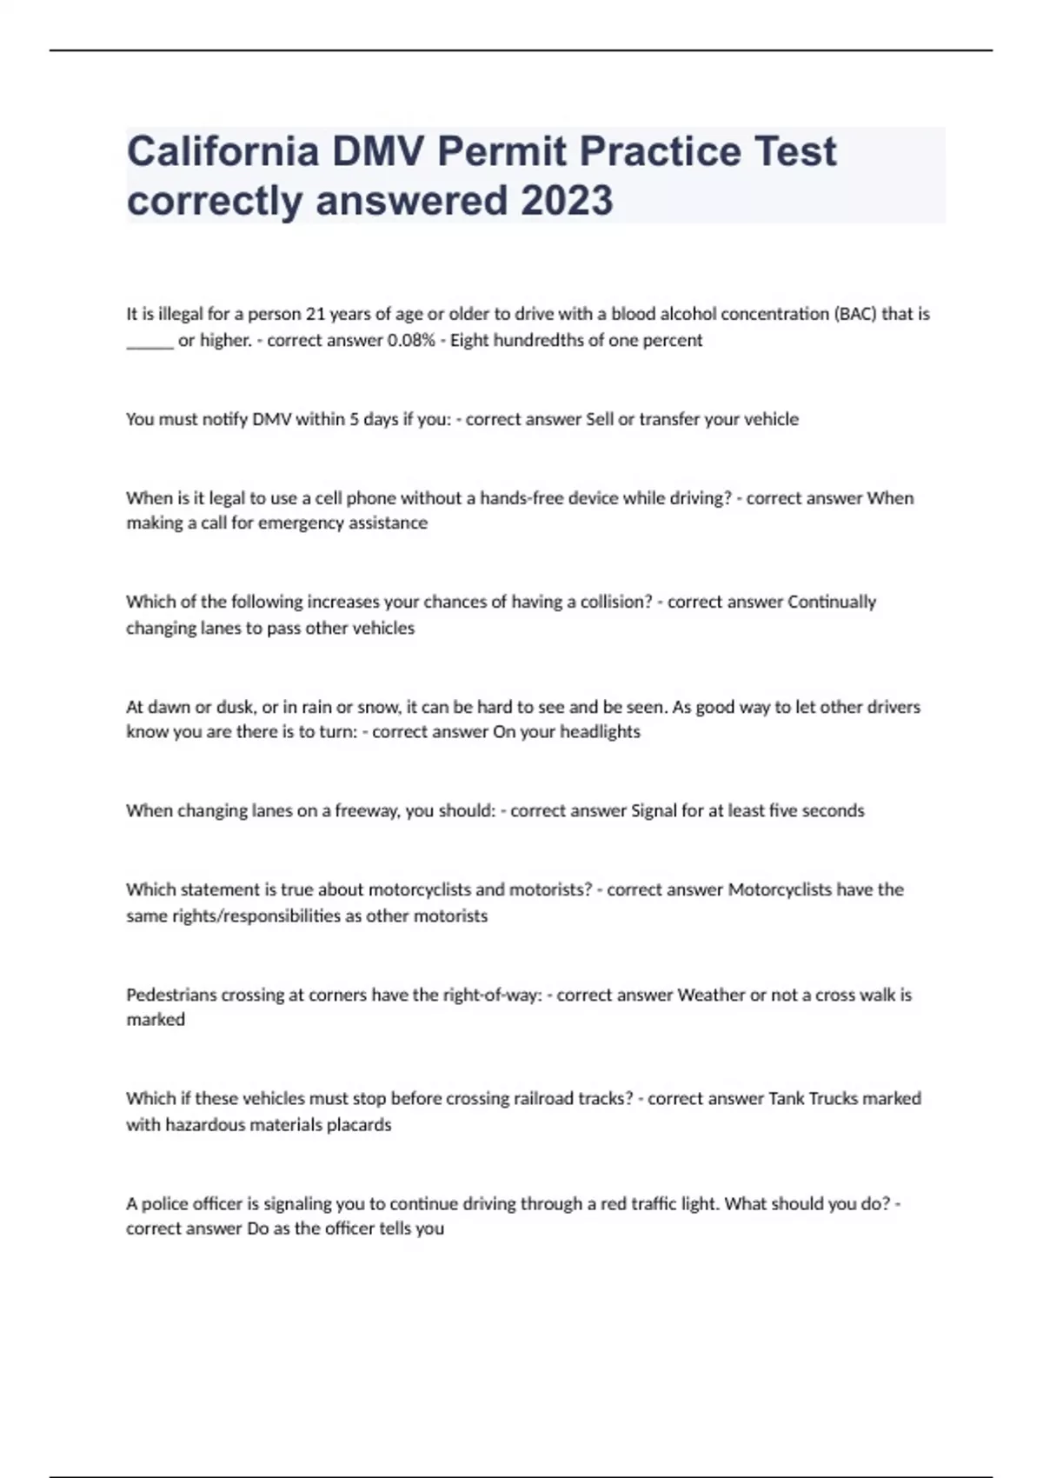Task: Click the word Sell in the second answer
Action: click(600, 419)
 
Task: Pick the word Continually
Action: click(832, 602)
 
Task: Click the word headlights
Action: click(600, 732)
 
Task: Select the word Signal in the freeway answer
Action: click(654, 811)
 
